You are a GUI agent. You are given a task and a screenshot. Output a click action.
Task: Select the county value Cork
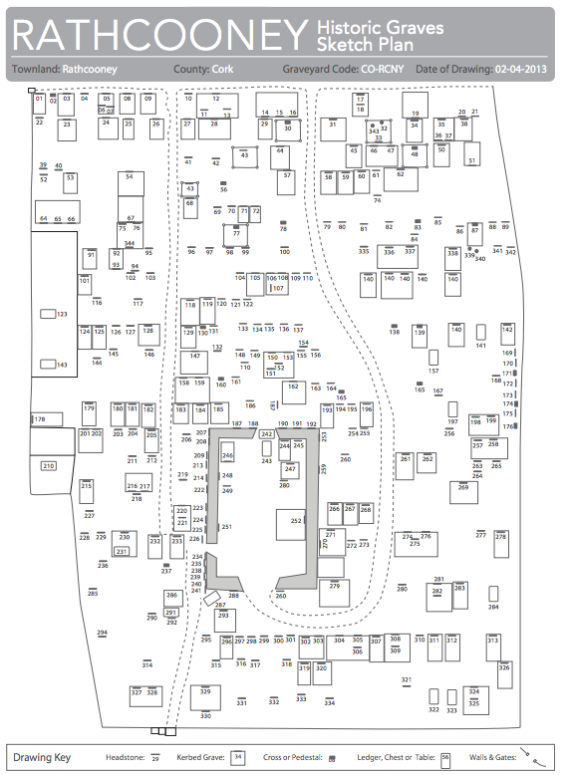click(223, 70)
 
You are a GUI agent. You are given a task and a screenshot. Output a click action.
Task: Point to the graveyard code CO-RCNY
click(383, 70)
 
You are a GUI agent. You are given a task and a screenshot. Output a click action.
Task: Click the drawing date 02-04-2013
click(521, 70)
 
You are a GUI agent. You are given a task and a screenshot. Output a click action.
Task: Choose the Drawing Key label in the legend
click(41, 758)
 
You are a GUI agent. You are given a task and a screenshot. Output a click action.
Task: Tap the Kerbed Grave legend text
click(204, 758)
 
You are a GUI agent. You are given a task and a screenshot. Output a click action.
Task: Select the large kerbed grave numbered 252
click(296, 521)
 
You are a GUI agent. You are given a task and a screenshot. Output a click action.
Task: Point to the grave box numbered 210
click(48, 466)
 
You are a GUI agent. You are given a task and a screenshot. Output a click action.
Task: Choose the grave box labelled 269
click(462, 488)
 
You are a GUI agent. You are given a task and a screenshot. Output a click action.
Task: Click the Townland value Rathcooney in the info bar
click(90, 70)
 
